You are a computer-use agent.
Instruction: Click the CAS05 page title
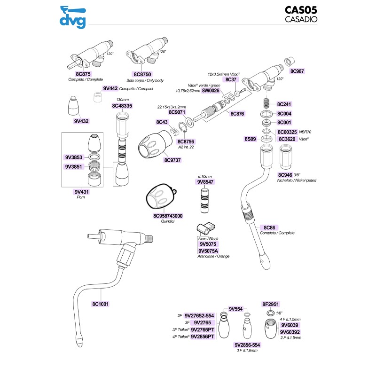[x=301, y=10]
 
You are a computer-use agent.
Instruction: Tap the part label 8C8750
[x=142, y=74]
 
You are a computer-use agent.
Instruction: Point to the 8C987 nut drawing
[x=290, y=62]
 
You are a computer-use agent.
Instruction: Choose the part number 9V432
[x=81, y=121]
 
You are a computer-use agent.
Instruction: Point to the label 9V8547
[x=205, y=181]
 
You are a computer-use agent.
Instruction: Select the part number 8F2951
[x=271, y=304]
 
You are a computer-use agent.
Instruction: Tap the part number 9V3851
[x=74, y=166]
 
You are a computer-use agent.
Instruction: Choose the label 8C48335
[x=122, y=106]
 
